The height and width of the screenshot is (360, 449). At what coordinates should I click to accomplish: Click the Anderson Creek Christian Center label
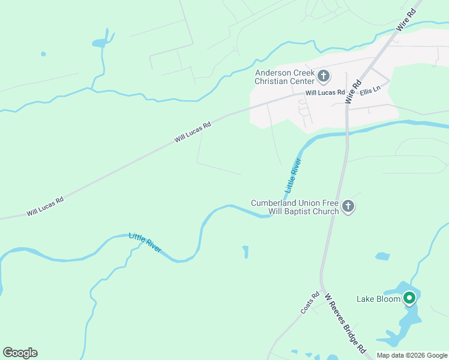point(285,77)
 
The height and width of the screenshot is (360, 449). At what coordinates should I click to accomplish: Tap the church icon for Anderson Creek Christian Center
point(324,76)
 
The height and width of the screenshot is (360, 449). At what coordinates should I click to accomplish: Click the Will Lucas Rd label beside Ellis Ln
point(325,93)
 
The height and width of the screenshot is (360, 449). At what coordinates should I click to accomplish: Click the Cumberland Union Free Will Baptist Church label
point(294,207)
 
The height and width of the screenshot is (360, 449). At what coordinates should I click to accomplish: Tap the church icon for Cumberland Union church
point(348,207)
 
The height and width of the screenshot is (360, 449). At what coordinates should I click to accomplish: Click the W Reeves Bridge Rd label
point(345,322)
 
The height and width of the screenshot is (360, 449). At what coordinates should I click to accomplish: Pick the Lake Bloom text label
point(378,299)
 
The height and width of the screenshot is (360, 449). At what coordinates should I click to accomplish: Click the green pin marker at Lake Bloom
point(410,298)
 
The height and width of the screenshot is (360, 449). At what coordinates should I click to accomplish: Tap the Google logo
point(20,353)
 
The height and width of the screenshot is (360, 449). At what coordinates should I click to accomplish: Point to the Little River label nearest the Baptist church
point(292,175)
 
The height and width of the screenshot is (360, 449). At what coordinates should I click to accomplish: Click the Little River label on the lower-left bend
point(145,242)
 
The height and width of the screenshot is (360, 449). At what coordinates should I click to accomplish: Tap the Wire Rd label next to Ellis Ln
point(355,92)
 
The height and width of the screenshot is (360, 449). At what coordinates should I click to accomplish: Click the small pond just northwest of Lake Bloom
point(382,257)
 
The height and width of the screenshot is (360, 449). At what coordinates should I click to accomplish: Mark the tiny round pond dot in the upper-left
point(43,54)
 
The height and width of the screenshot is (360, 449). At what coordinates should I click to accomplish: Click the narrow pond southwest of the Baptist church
point(246,252)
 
